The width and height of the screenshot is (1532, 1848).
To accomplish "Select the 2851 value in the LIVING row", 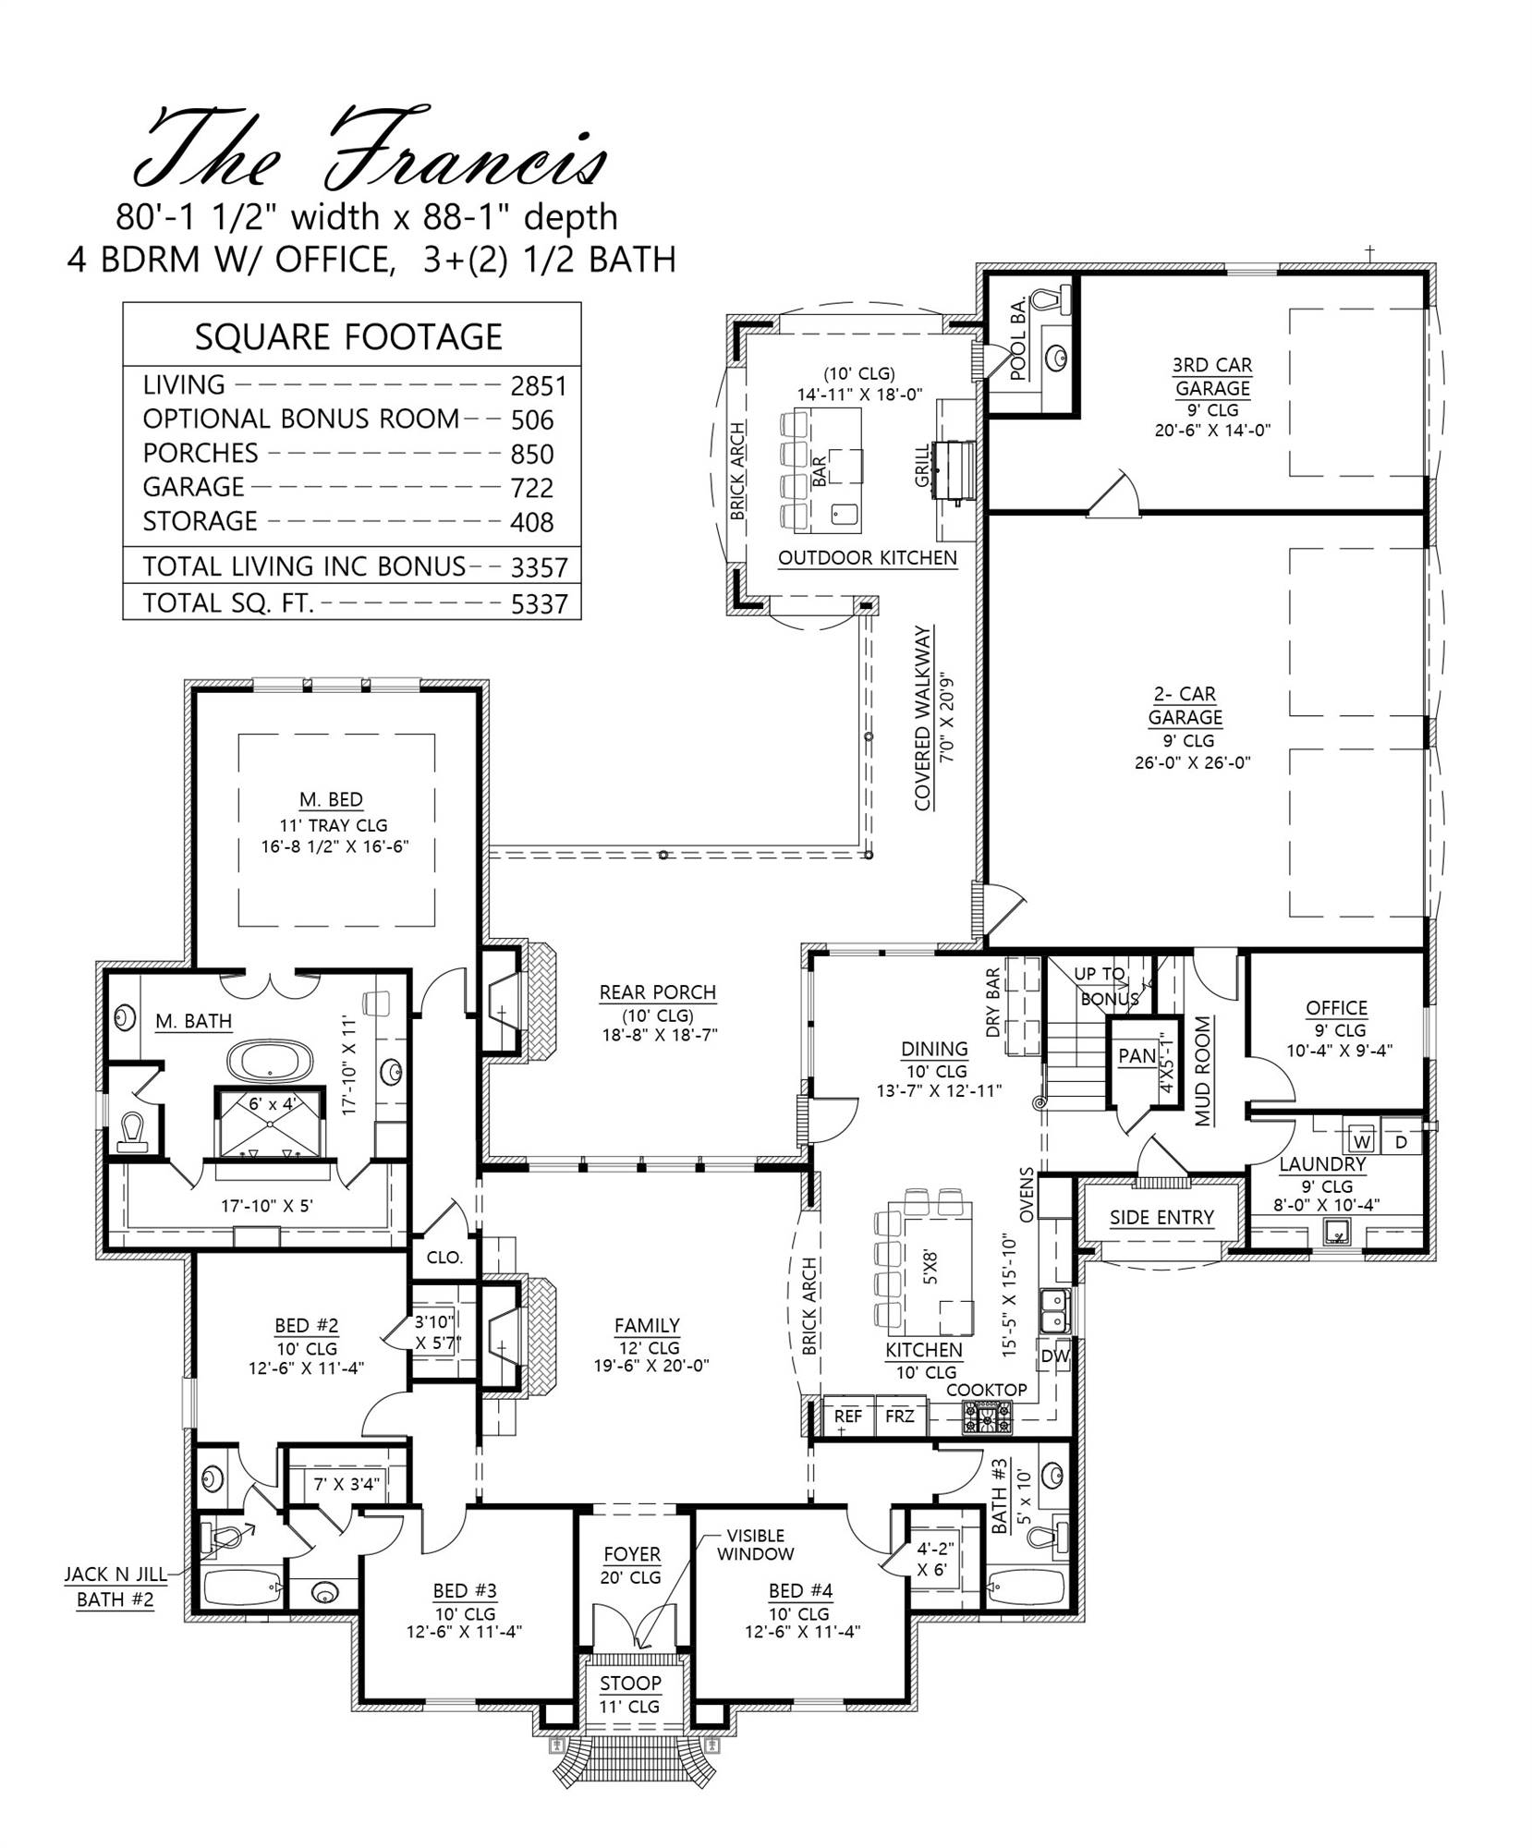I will coord(539,386).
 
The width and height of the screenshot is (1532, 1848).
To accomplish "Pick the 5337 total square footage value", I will coord(539,604).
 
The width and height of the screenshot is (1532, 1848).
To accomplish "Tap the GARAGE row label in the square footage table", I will coord(193,487).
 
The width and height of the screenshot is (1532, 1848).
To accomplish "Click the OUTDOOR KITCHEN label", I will coord(867,558).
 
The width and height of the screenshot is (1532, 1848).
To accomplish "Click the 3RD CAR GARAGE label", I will coord(1212,377).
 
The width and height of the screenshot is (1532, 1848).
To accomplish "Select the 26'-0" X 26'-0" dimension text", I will coord(1192,763).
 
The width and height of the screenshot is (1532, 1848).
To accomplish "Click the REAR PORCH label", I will coord(657,993).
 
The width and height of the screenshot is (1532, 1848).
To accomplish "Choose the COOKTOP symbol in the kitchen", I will coord(988,1416).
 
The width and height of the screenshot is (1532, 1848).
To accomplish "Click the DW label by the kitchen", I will coord(1054,1356).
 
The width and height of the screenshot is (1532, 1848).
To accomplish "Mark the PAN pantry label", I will coord(1137,1056).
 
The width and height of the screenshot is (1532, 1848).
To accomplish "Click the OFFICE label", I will coord(1336,1008).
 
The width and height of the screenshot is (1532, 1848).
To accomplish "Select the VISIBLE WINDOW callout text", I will coord(755,1545).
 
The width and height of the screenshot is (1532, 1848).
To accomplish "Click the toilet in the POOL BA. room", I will coord(1050,301).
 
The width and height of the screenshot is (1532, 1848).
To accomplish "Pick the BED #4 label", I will coord(800,1591).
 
